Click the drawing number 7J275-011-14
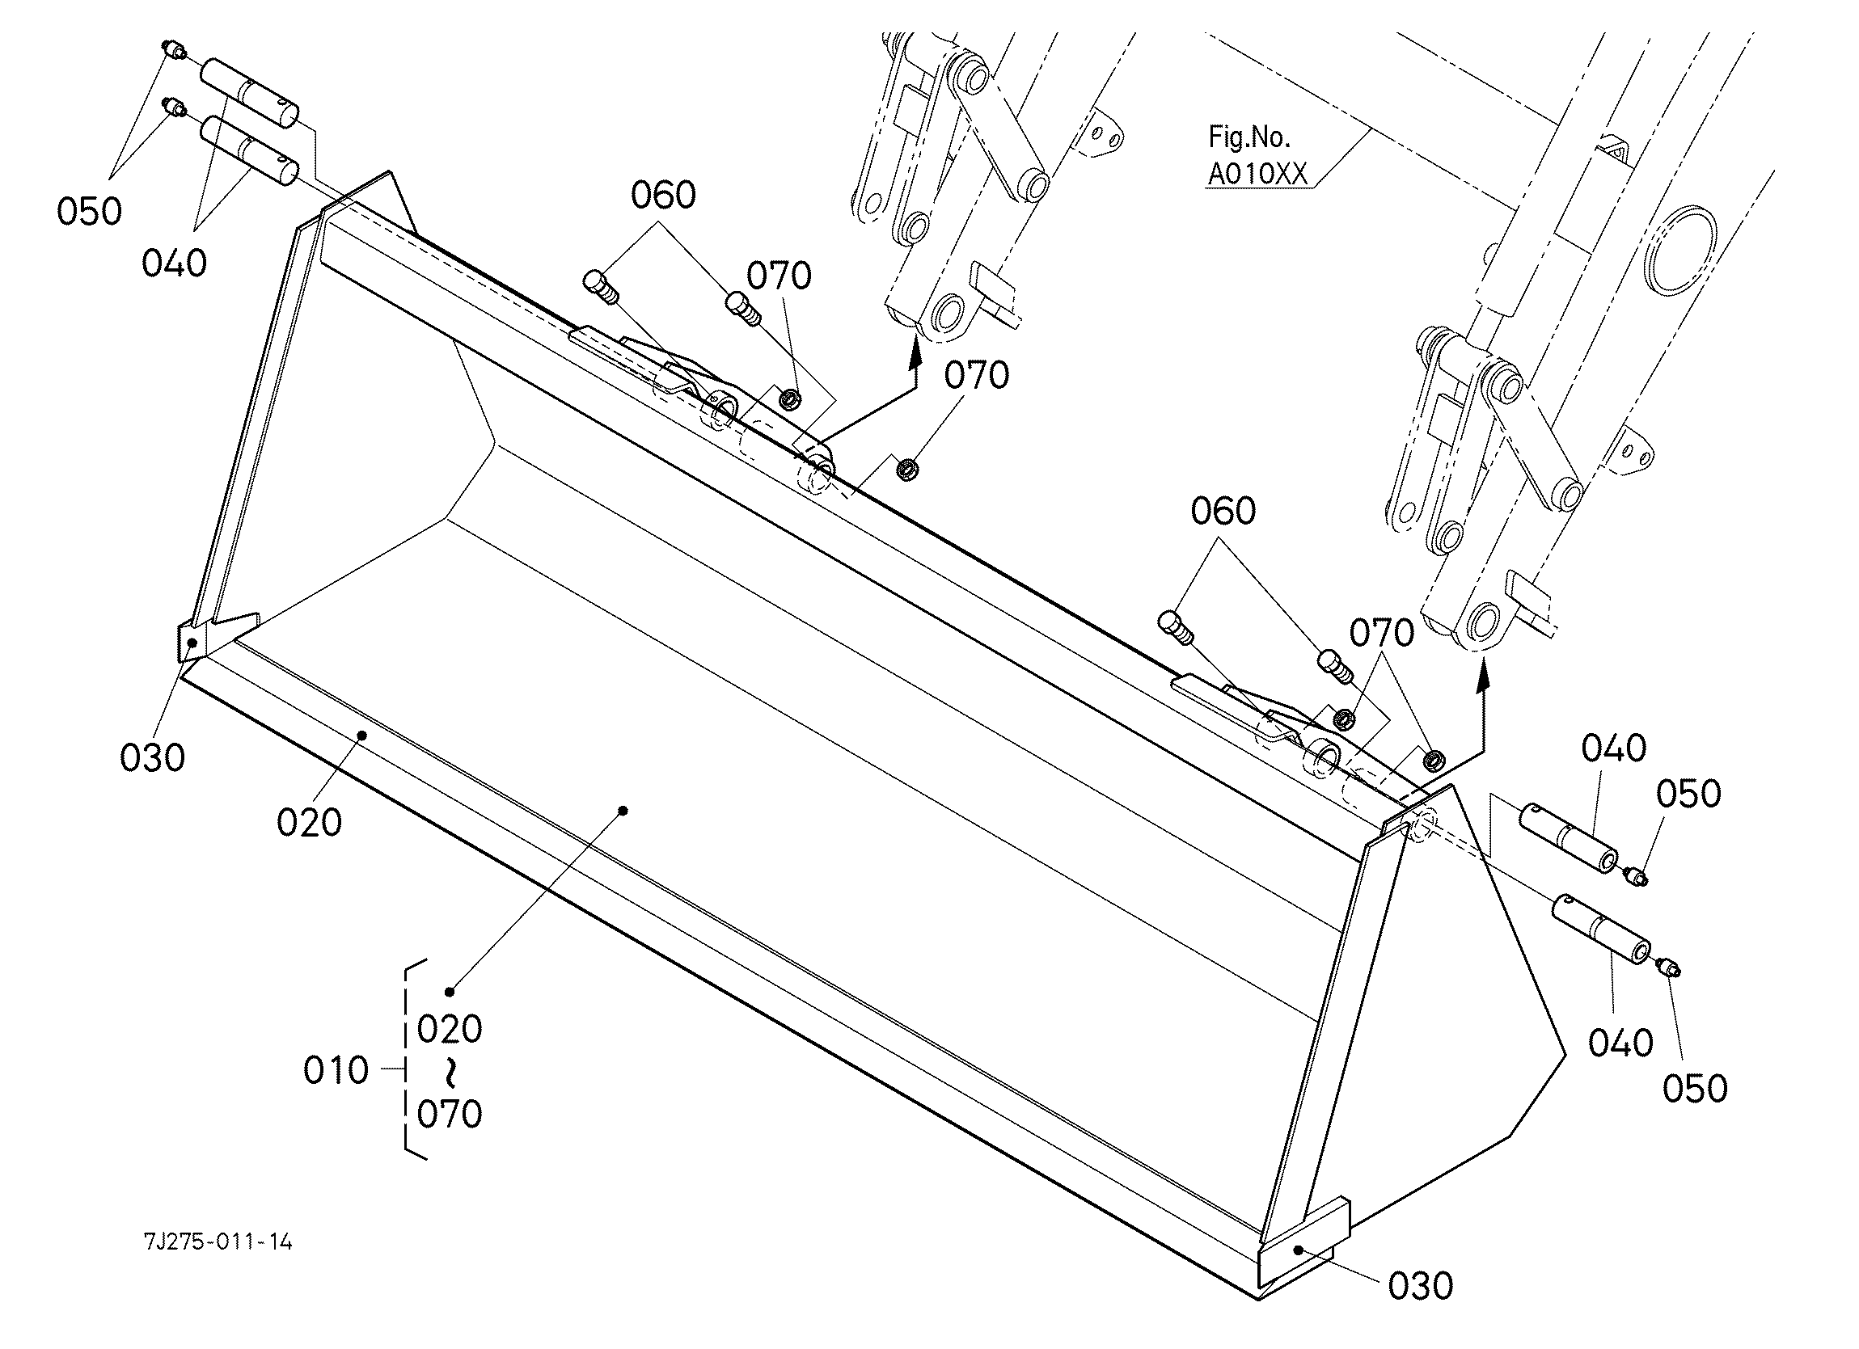(x=218, y=1242)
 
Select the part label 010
(x=336, y=1070)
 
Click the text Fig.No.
(x=1249, y=136)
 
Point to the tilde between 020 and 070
(x=449, y=1071)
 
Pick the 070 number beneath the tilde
(x=449, y=1114)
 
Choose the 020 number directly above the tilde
(x=449, y=1029)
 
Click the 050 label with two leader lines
(x=89, y=212)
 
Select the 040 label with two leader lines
(x=174, y=263)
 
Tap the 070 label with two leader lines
(x=1382, y=633)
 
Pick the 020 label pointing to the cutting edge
(x=308, y=822)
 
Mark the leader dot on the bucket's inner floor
(x=623, y=811)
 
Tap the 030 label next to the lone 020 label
(x=153, y=757)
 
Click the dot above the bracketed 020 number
(x=449, y=992)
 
